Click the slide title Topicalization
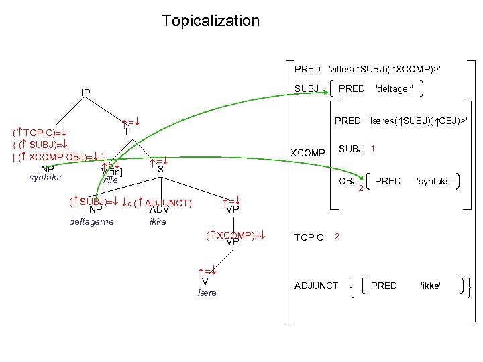[211, 21]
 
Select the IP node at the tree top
[86, 92]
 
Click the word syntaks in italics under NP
[46, 178]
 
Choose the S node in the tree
[160, 170]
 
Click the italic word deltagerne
[92, 221]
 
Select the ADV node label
[158, 210]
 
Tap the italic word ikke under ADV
[158, 221]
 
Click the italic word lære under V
[207, 293]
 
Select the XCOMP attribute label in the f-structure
[307, 153]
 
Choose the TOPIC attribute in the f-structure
[309, 237]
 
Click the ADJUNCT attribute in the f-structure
[317, 286]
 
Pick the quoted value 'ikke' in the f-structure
[430, 286]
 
